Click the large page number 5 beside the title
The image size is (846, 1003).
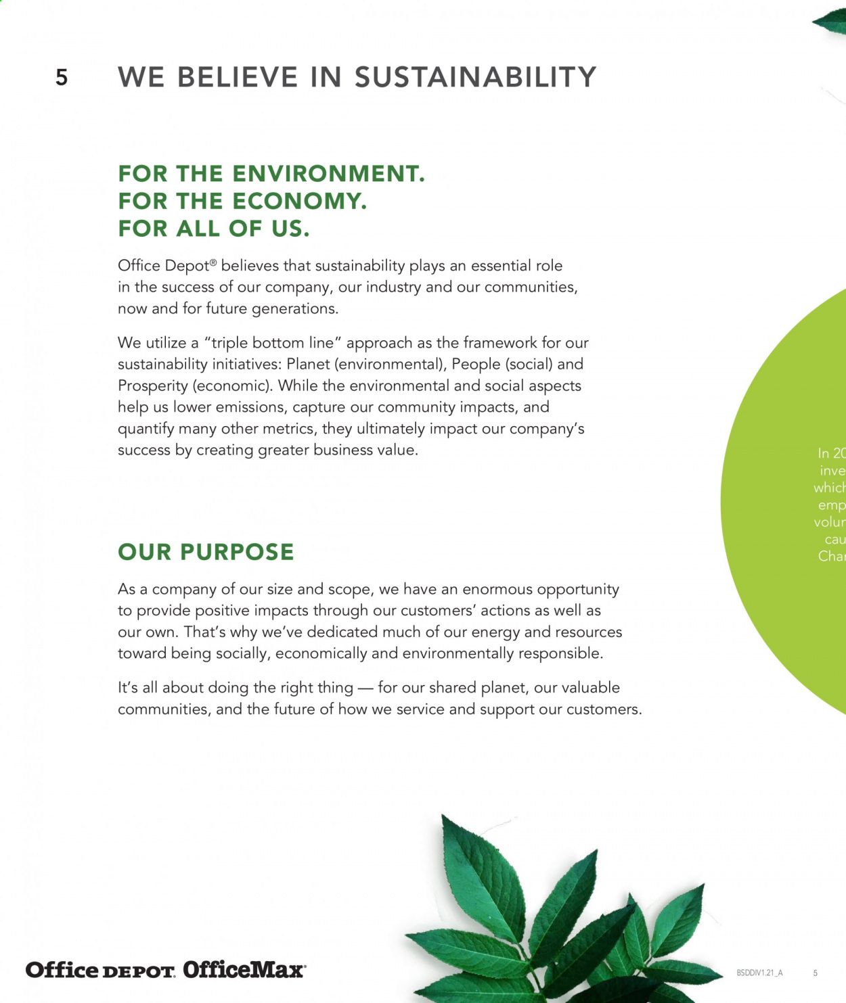(x=62, y=78)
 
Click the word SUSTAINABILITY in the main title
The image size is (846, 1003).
(x=475, y=77)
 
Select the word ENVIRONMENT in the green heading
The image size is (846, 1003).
(x=328, y=174)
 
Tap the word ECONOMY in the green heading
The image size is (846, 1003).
(x=298, y=201)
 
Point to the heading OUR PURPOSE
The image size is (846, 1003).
(x=206, y=552)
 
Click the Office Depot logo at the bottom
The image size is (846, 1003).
(x=100, y=970)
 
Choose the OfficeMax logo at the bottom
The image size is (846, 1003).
(x=244, y=970)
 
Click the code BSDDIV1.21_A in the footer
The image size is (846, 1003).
(x=759, y=973)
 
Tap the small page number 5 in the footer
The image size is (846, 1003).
(x=815, y=973)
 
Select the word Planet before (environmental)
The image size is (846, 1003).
(x=307, y=364)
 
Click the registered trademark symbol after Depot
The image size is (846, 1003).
(x=213, y=262)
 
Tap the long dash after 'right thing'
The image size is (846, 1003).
(x=365, y=689)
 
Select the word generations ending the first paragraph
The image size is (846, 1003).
(x=294, y=309)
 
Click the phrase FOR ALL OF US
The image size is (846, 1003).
(x=213, y=229)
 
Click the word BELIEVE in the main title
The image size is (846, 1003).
(x=238, y=77)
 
